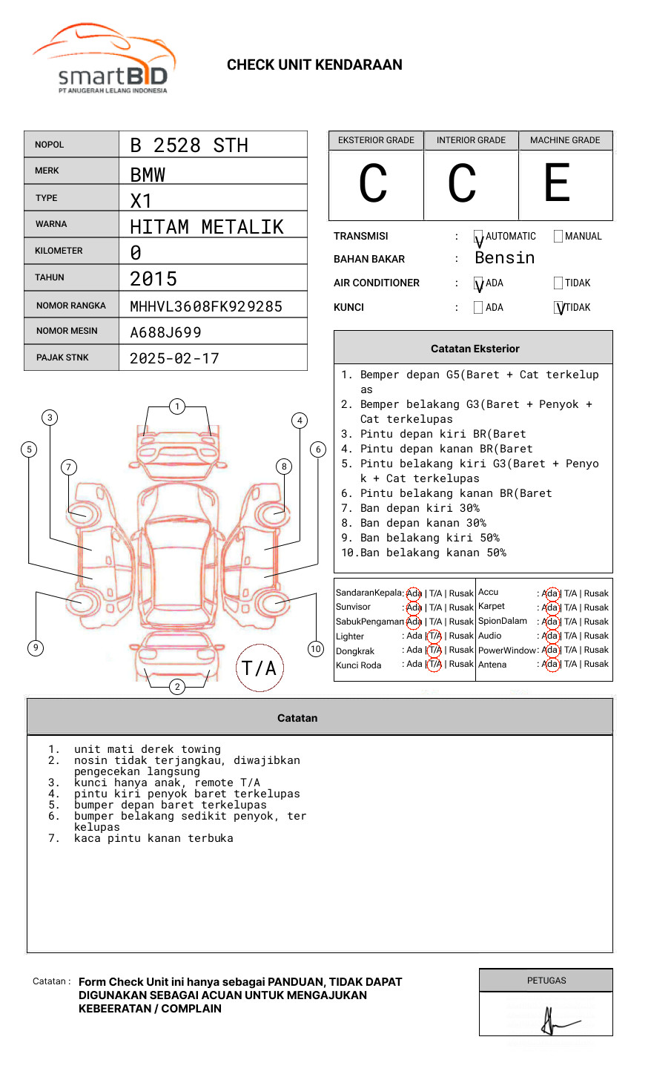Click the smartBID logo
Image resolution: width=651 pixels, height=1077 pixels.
tap(104, 59)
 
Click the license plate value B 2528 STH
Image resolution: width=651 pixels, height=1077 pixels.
tap(189, 145)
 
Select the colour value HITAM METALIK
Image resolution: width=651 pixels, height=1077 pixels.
tap(207, 227)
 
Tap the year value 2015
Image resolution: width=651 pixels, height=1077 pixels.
tap(153, 279)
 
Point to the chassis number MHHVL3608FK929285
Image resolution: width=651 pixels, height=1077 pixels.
tap(206, 306)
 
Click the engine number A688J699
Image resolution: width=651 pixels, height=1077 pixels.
tap(165, 332)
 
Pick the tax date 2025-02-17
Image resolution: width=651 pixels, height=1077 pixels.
tap(174, 358)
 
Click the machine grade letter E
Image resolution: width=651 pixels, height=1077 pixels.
tap(558, 183)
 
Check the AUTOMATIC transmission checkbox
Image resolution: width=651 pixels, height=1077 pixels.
tap(478, 237)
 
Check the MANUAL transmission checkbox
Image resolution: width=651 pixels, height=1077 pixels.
tap(558, 237)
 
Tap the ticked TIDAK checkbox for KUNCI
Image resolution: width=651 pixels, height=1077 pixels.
tap(559, 307)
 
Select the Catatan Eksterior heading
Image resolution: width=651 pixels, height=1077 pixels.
tap(475, 349)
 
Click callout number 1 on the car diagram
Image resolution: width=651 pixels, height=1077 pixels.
tap(176, 406)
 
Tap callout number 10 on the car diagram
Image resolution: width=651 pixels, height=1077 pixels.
tap(316, 649)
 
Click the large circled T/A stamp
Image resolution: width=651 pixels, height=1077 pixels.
tap(259, 668)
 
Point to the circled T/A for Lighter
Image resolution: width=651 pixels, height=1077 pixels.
tap(434, 636)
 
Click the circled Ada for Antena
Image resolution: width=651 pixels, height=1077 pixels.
tap(549, 664)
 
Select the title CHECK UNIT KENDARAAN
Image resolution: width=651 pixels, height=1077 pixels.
tap(314, 65)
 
